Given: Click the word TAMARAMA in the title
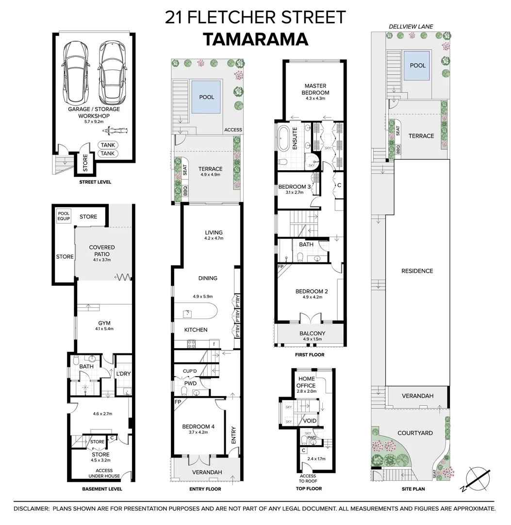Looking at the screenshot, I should [255, 39].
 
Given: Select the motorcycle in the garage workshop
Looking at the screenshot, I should [115, 131].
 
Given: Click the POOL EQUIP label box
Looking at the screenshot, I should [64, 216].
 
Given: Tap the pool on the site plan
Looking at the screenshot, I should [417, 66].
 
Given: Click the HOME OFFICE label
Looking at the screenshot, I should [306, 382].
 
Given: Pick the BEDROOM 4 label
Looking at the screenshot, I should [198, 427].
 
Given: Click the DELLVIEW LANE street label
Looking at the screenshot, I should [411, 26].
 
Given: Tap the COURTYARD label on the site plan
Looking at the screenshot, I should [415, 433].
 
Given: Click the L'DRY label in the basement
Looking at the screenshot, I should [123, 374].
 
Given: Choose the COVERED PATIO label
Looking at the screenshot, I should [102, 250].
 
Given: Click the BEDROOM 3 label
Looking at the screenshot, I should [295, 187].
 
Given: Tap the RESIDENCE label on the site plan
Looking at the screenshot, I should [417, 271].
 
